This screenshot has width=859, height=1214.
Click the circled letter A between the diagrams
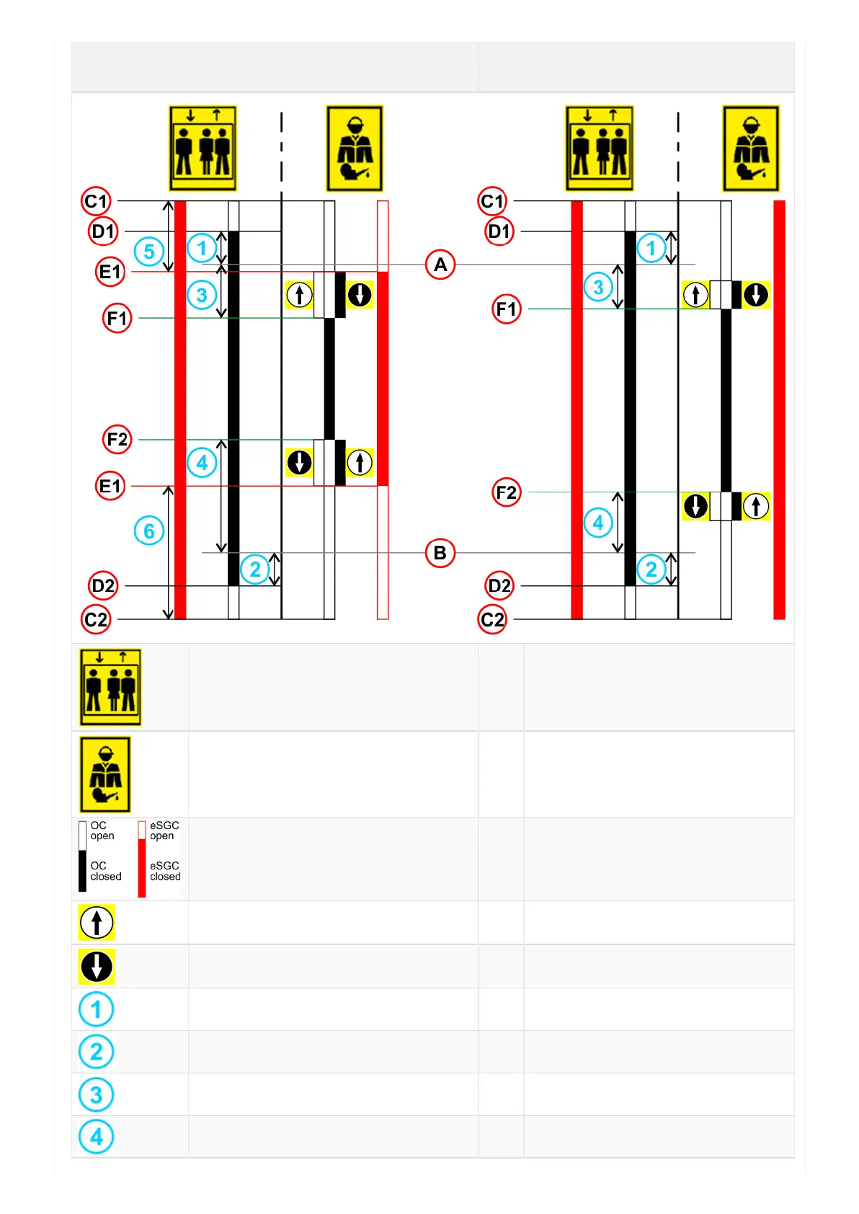(440, 265)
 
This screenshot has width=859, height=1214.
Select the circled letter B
(440, 553)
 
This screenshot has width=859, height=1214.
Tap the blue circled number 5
(149, 252)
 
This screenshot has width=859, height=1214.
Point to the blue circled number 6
(149, 531)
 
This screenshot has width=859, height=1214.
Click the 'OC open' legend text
(102, 830)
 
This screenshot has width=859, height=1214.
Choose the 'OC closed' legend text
(105, 871)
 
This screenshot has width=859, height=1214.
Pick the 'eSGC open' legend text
(164, 830)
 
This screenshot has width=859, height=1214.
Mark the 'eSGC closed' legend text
(165, 871)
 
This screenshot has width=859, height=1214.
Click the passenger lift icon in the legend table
(110, 687)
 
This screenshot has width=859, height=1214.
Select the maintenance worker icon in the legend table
(105, 775)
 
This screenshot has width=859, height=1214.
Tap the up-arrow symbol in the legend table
(97, 923)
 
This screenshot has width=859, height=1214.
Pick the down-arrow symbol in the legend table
(97, 967)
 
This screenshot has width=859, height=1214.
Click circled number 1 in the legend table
(97, 1009)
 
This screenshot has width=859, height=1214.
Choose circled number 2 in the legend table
(97, 1052)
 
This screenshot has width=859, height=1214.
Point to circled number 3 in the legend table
(97, 1095)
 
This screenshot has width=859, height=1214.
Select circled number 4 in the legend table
(97, 1137)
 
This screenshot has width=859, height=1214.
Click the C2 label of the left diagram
(96, 619)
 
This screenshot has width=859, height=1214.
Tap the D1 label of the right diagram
(499, 231)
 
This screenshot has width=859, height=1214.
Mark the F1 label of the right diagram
(507, 309)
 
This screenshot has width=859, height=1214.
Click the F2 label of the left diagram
(117, 439)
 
